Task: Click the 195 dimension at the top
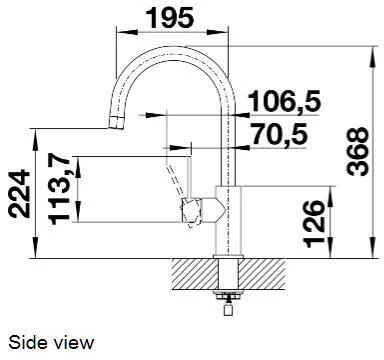(x=170, y=17)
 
